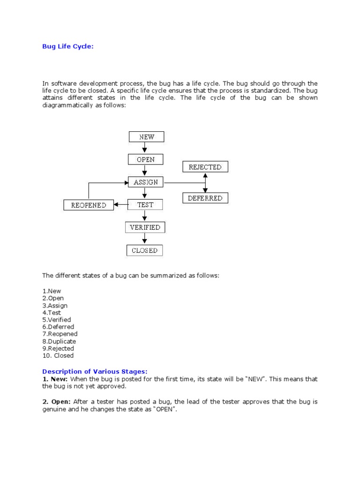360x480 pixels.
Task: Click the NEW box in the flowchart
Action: click(146, 137)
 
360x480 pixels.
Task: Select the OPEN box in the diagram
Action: click(145, 159)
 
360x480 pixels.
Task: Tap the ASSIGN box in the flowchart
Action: click(145, 182)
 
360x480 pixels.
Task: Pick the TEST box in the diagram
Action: click(145, 204)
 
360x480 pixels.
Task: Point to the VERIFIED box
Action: click(145, 227)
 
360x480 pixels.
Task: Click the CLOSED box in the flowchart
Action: click(145, 250)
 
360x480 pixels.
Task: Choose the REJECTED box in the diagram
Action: click(205, 167)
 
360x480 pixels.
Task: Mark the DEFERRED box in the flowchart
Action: click(205, 198)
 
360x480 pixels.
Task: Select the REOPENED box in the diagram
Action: click(89, 205)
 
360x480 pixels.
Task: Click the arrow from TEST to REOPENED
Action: click(121, 204)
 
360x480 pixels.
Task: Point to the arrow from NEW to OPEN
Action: click(145, 148)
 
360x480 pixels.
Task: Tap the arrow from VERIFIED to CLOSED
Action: click(145, 239)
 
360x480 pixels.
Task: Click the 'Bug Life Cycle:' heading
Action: click(68, 46)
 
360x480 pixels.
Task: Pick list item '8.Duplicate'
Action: click(59, 341)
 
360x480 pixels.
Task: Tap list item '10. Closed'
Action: click(58, 355)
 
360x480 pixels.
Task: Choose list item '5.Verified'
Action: click(57, 320)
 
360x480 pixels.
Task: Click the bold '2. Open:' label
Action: click(55, 402)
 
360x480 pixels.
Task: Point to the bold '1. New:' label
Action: click(55, 379)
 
